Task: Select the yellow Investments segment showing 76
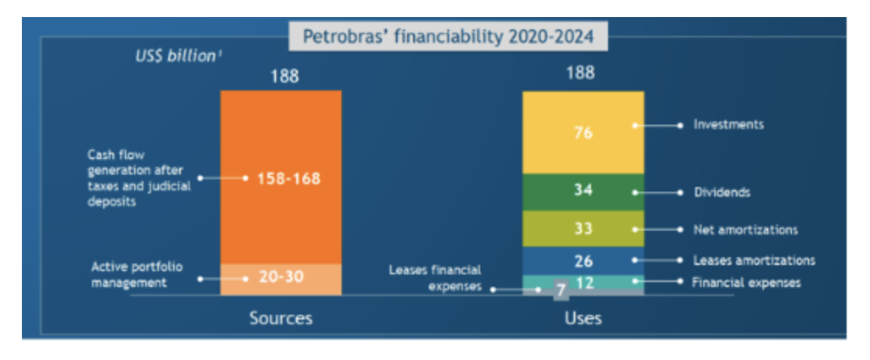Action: point(583,132)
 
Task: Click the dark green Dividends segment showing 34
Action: point(583,191)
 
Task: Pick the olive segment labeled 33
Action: point(583,229)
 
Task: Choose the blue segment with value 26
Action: point(583,260)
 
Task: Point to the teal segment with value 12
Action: point(583,282)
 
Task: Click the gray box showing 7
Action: point(560,291)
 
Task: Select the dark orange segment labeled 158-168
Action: point(281,178)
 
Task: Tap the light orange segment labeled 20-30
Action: point(281,277)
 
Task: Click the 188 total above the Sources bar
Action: point(284,76)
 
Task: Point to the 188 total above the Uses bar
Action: point(580,73)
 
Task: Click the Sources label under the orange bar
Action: point(281,318)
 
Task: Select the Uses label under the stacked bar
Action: point(582,318)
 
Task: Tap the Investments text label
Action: point(728,124)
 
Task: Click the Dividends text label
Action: point(722,192)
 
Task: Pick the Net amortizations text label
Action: point(745,230)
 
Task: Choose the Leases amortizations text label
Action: point(754,260)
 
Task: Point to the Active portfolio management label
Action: point(137,275)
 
